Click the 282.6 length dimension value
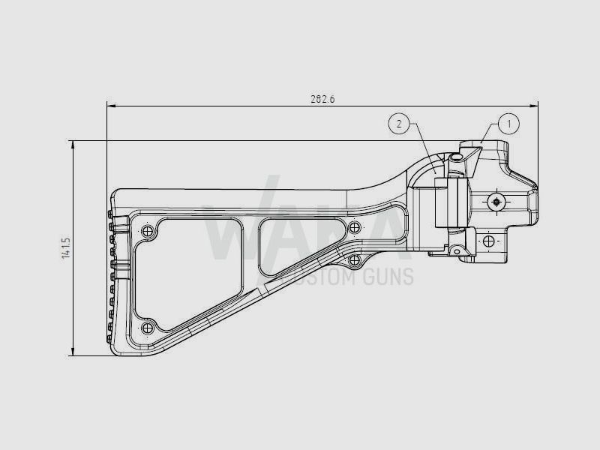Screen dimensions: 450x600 click(322, 99)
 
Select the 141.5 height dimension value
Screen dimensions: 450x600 click(66, 248)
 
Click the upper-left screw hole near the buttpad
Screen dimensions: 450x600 click(149, 229)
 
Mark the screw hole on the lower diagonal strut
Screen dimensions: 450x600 click(354, 259)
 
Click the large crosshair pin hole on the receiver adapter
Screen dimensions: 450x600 click(496, 201)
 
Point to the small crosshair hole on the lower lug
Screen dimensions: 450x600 click(488, 241)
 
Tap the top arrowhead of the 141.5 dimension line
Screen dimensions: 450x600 click(73, 145)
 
